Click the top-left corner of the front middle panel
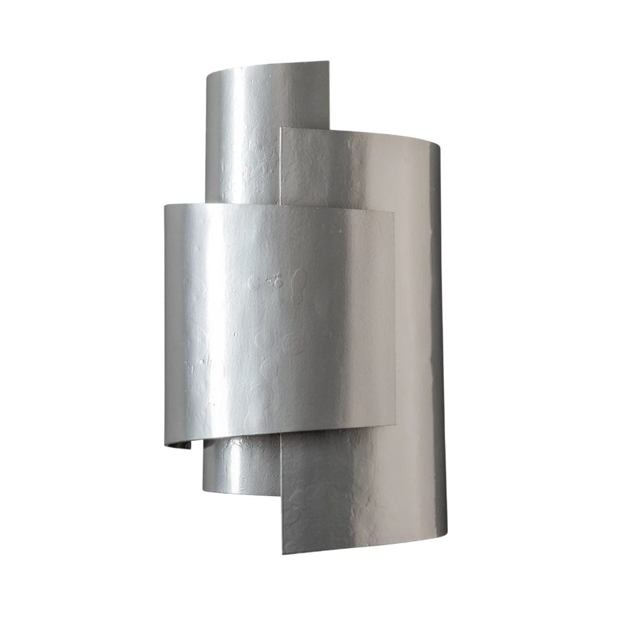pos(165,206)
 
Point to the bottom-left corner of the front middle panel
pos(165,445)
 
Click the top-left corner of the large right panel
pos(281,129)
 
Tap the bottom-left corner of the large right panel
pos(282,553)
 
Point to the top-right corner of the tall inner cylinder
pos(328,61)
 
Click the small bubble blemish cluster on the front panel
pos(274,281)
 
